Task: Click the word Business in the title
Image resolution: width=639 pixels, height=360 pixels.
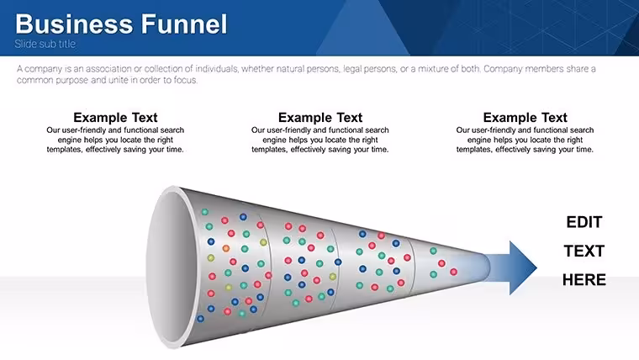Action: click(x=74, y=24)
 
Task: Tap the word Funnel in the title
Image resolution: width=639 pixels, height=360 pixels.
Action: click(x=184, y=24)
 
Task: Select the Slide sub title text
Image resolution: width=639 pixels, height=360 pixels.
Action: click(x=45, y=44)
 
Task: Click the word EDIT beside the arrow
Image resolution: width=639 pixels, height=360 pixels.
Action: click(x=584, y=222)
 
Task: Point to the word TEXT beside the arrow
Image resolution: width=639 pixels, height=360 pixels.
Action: click(x=584, y=251)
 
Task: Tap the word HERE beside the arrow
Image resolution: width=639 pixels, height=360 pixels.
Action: click(x=584, y=280)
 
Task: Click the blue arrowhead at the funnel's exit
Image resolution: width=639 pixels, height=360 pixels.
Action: click(x=523, y=267)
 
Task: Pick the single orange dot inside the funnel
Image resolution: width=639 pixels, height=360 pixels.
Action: click(x=226, y=248)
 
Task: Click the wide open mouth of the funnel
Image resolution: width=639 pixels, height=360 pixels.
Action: click(x=172, y=267)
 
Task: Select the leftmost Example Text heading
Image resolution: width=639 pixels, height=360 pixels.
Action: click(x=115, y=118)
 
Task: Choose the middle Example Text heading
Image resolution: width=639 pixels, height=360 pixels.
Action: click(x=320, y=118)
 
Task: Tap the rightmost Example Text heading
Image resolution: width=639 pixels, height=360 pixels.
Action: click(x=525, y=118)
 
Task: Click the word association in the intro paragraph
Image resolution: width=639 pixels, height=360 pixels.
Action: click(x=108, y=69)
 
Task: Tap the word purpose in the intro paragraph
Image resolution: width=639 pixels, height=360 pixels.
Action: click(x=71, y=80)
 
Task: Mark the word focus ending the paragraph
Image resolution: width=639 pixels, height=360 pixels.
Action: click(x=186, y=80)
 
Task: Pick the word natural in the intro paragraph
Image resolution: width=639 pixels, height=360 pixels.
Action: click(x=290, y=69)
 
